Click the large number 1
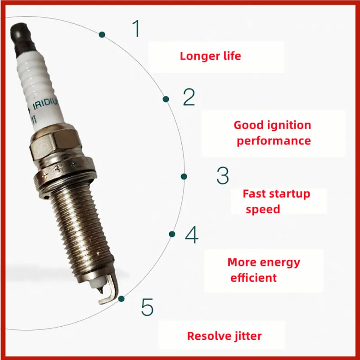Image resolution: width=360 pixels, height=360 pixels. coord(136,28)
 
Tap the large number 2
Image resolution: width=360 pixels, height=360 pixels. coord(189,97)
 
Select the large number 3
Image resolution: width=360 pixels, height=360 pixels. coord(223,175)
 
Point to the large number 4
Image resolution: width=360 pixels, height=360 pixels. coord(192,235)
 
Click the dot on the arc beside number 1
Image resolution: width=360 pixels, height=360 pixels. coord(103,34)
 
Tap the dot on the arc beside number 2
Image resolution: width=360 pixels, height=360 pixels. coord(166,99)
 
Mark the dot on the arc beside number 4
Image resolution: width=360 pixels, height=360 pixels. coord(171,234)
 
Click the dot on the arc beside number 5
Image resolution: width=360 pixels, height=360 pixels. coord(121,298)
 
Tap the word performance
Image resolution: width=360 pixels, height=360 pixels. coord(274,140)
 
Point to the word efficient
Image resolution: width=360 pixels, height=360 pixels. coord(253,278)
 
